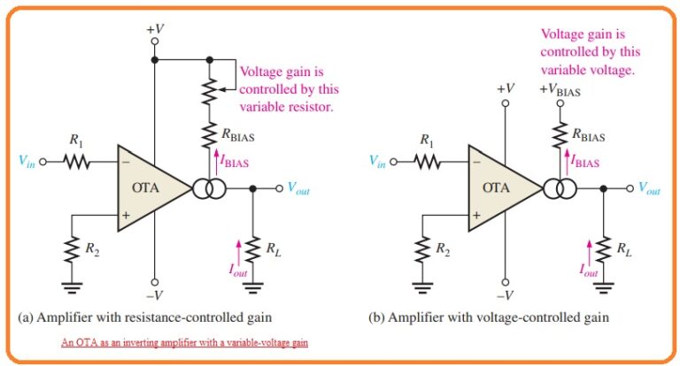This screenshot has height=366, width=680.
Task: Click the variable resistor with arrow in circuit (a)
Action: (211, 89)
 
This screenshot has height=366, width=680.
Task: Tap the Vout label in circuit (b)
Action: (652, 188)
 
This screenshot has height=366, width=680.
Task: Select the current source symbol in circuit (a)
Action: (211, 188)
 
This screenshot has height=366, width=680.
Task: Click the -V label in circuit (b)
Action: (505, 295)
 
